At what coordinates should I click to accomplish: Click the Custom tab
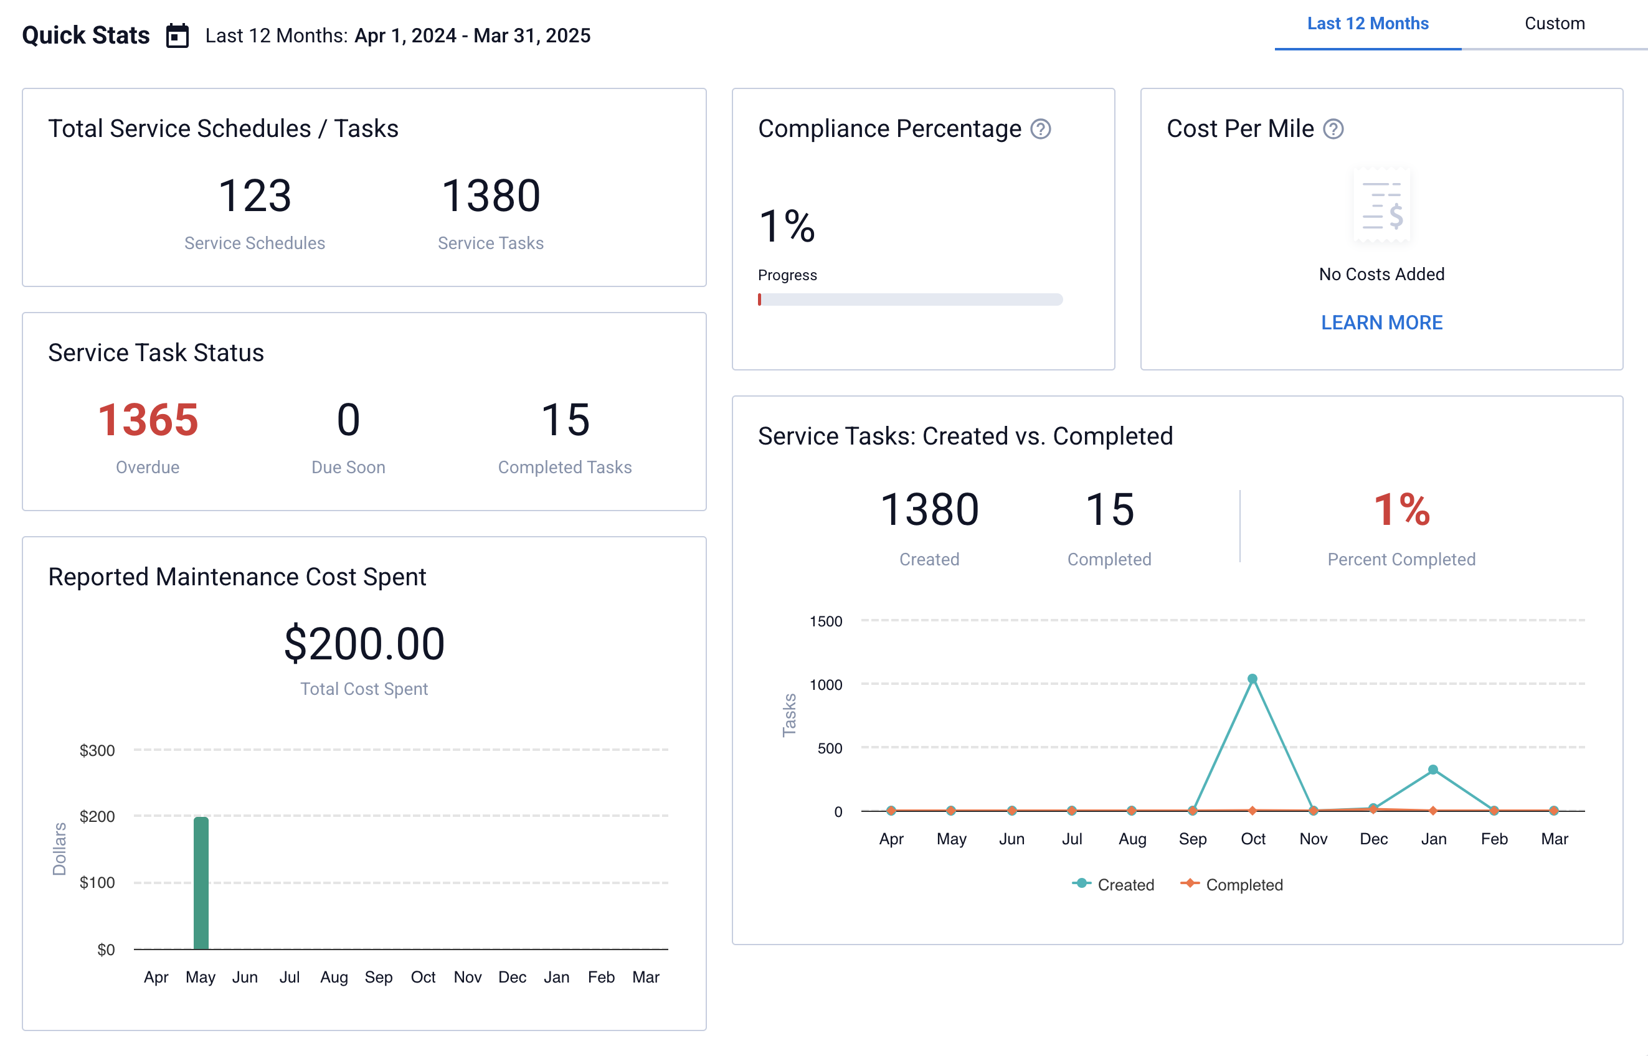pos(1554,24)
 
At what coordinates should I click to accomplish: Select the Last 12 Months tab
pos(1367,24)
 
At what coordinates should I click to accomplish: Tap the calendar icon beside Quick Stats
pos(178,35)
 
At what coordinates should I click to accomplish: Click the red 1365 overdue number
pos(148,420)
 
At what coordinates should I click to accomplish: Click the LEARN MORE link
pos(1381,323)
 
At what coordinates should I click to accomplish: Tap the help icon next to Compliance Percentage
pos(1040,129)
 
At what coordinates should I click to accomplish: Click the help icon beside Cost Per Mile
pos(1332,129)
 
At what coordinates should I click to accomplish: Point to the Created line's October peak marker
pos(1252,679)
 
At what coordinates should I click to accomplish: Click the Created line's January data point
pos(1433,770)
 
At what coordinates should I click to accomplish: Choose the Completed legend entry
pos(1232,885)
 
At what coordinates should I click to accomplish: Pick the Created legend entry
pos(1114,885)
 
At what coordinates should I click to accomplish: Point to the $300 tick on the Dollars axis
pos(97,750)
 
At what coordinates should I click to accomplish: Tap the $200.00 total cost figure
pos(364,644)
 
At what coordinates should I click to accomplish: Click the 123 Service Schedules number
pos(255,196)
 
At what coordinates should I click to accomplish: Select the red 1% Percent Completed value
pos(1401,510)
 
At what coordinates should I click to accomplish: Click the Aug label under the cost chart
pos(334,976)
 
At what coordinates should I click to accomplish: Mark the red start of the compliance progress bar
pos(760,299)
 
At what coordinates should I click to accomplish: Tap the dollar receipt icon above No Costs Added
pos(1381,205)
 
